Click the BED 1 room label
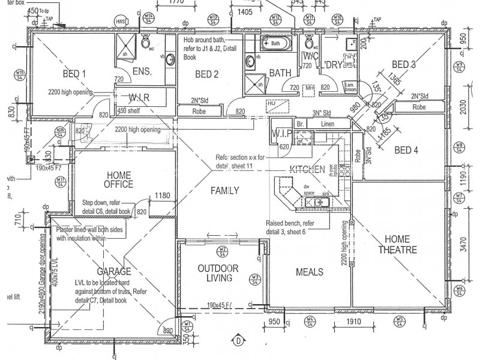(x=74, y=74)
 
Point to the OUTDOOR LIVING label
(x=218, y=273)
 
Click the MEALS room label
(x=310, y=272)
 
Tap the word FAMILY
(x=224, y=190)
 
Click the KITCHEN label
(x=307, y=169)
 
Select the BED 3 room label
(x=404, y=64)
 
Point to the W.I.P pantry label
(x=281, y=133)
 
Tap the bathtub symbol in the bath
(x=275, y=44)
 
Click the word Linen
(x=327, y=124)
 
